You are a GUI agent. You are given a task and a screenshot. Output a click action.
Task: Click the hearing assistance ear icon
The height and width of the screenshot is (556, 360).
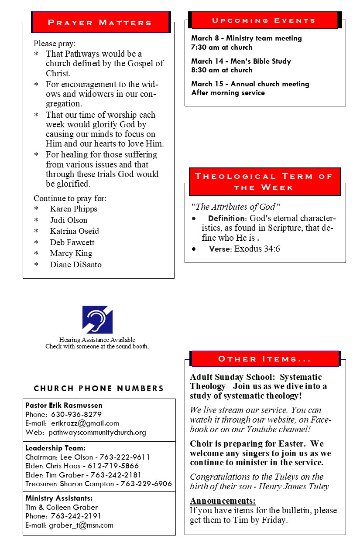pyautogui.click(x=98, y=319)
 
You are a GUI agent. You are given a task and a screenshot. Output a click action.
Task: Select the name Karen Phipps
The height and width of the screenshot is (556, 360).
pyautogui.click(x=73, y=209)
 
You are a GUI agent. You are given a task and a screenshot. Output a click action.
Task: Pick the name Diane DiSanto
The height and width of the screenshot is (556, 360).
pyautogui.click(x=75, y=264)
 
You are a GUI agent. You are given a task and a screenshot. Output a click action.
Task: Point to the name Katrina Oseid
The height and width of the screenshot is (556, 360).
pyautogui.click(x=74, y=231)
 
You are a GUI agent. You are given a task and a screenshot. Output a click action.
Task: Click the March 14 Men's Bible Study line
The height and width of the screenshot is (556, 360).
pyautogui.click(x=241, y=61)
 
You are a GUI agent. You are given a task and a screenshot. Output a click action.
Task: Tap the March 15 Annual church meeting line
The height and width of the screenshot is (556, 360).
pyautogui.click(x=250, y=84)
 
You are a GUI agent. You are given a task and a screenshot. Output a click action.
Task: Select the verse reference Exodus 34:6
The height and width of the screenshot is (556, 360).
pyautogui.click(x=257, y=249)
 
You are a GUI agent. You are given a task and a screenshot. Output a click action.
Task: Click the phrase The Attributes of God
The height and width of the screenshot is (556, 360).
pyautogui.click(x=235, y=207)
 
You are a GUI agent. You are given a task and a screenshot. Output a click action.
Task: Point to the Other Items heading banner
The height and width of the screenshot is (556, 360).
pyautogui.click(x=264, y=359)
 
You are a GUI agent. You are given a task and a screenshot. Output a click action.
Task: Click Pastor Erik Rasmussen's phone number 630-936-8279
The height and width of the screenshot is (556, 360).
pyautogui.click(x=76, y=414)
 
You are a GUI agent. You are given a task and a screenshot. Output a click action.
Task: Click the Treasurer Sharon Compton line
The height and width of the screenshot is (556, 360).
pyautogui.click(x=99, y=484)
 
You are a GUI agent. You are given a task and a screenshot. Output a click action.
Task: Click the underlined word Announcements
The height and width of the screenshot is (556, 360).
pyautogui.click(x=223, y=501)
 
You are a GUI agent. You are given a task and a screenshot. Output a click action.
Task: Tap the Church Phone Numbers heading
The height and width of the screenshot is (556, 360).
pyautogui.click(x=99, y=388)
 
